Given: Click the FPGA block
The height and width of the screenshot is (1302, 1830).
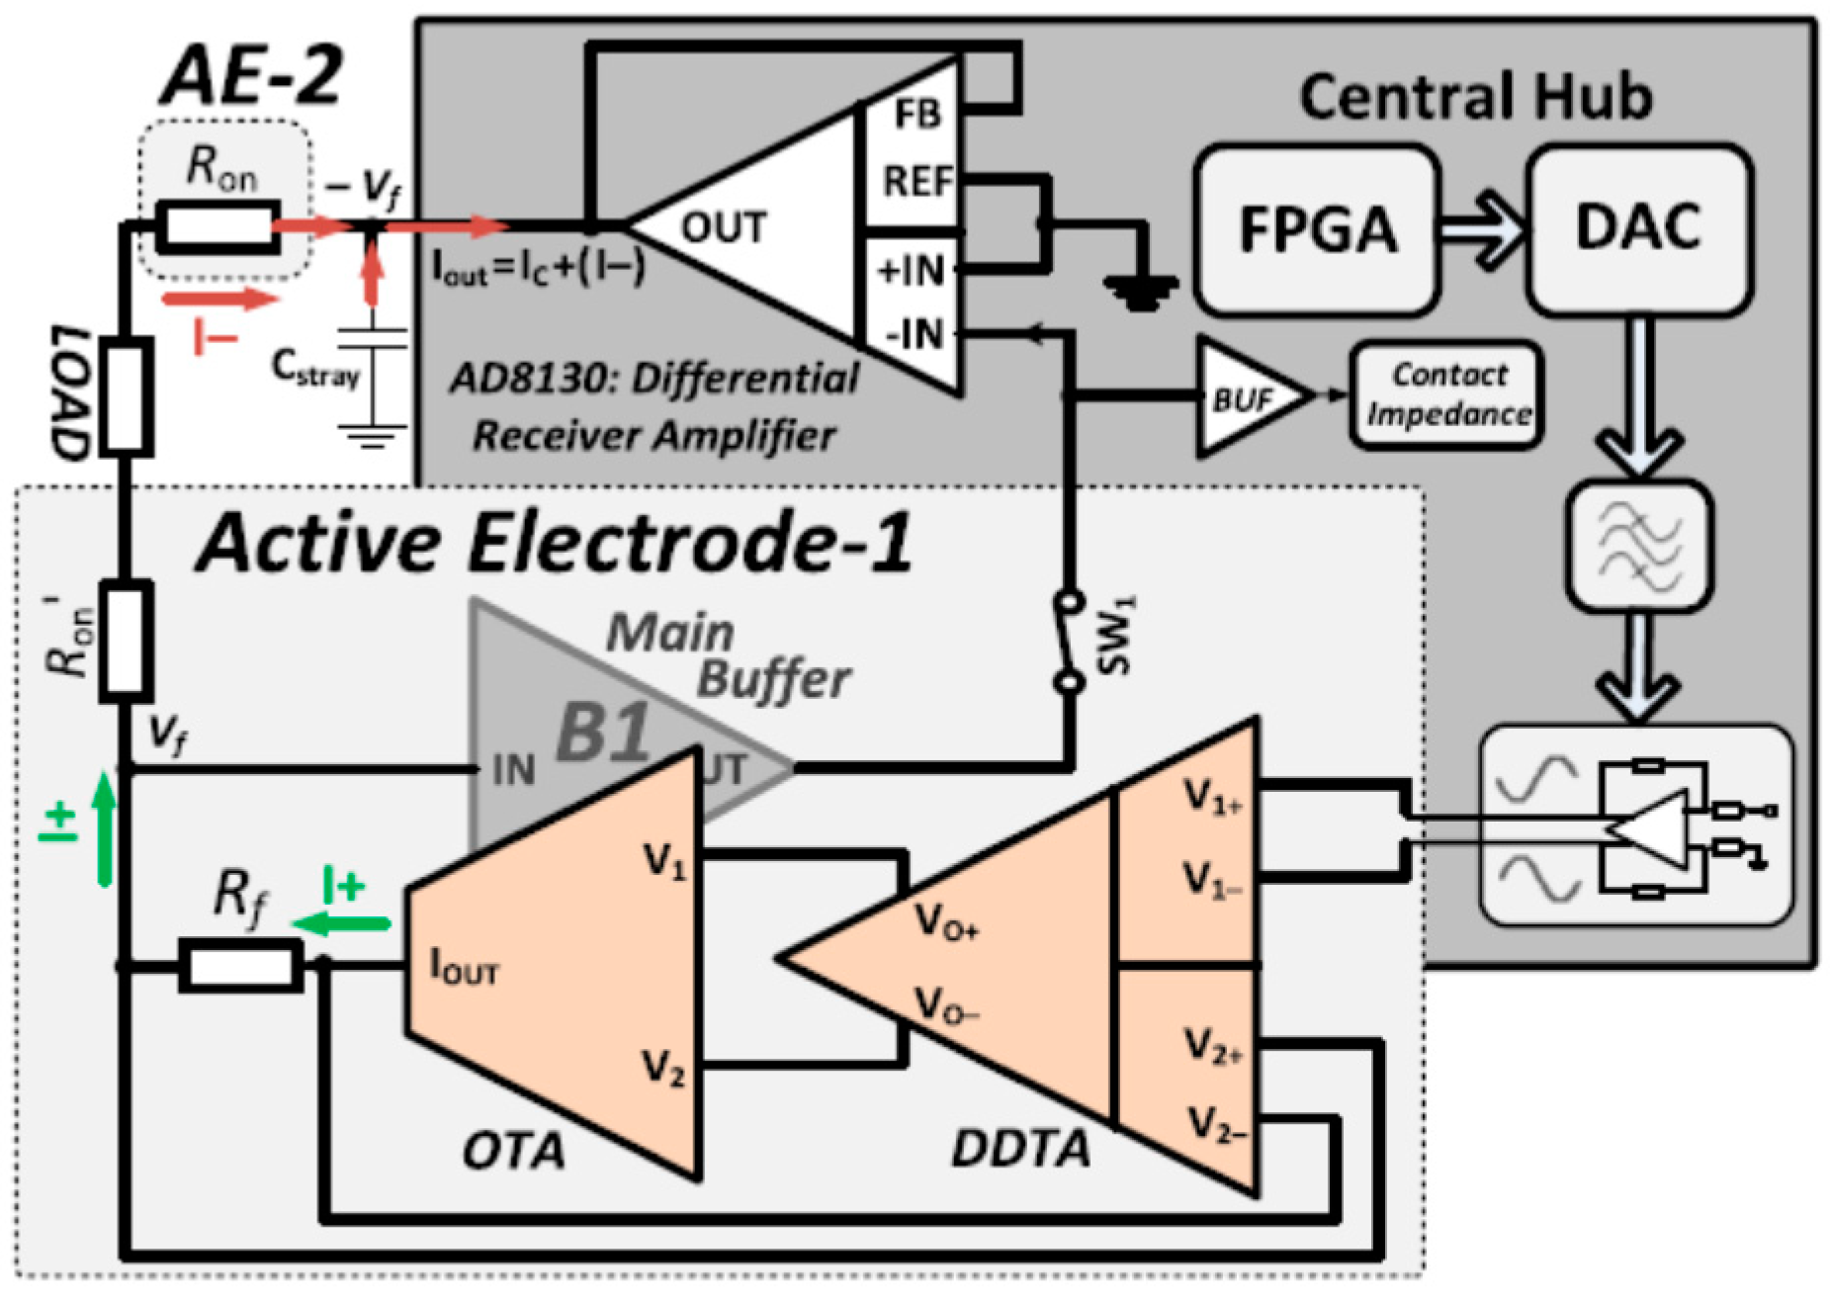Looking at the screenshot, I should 1316,229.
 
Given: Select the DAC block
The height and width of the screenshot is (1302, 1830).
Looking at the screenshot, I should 1638,229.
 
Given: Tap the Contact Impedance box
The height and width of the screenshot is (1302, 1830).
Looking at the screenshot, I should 1446,394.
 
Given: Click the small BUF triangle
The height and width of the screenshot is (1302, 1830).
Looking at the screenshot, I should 1248,397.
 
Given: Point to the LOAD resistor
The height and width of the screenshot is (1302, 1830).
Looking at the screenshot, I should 127,396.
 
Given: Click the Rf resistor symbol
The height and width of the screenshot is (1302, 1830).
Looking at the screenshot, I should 240,966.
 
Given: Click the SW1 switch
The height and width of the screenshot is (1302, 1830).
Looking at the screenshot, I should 1068,642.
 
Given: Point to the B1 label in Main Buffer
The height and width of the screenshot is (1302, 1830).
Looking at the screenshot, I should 603,733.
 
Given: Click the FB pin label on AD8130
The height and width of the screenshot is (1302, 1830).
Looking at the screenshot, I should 916,114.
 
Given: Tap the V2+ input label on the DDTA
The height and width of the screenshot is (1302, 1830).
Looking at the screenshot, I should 1212,1045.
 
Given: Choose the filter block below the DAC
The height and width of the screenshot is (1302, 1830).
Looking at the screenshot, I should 1638,545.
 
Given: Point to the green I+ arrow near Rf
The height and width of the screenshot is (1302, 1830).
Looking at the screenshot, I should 342,923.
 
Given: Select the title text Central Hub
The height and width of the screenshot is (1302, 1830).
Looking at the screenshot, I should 1475,97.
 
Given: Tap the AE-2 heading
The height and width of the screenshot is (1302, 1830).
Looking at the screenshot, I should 252,76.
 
